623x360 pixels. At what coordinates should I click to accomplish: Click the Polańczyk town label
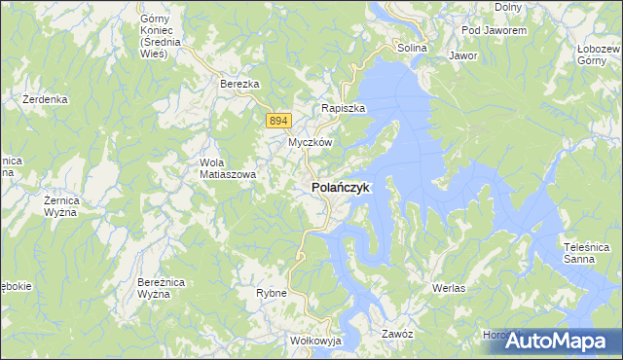point(340,188)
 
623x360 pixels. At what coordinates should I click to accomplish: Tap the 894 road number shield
point(278,120)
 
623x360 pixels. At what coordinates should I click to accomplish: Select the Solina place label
point(412,48)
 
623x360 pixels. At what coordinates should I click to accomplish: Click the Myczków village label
point(311,142)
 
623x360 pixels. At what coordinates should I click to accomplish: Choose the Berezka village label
point(239,85)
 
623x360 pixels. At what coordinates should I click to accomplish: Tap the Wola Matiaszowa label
point(227,168)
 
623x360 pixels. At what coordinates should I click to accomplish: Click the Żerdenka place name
point(45,99)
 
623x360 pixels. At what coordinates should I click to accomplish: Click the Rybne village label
point(270,292)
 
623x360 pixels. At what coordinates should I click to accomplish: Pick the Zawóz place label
point(398,334)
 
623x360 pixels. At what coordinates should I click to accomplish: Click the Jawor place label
point(462,55)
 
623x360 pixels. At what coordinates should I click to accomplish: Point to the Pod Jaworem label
point(494,30)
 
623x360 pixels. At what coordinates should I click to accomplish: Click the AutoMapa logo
point(558,340)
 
